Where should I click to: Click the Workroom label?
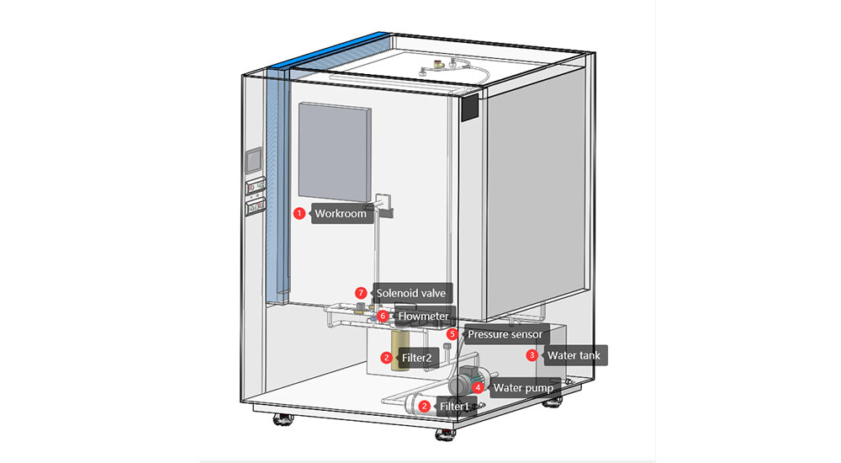(341, 214)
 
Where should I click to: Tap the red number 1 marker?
(299, 214)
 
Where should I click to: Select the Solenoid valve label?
(413, 293)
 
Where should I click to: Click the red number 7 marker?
(361, 293)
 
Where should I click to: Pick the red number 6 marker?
(383, 317)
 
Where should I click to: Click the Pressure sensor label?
(505, 334)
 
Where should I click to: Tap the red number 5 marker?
(452, 334)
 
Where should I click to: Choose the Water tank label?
(574, 355)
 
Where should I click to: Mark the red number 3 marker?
(532, 355)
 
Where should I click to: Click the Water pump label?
(522, 388)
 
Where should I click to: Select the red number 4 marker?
(478, 388)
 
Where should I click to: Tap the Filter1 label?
(454, 407)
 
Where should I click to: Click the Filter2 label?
(415, 358)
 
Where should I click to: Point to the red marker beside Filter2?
(385, 358)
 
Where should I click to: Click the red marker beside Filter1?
(425, 407)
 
